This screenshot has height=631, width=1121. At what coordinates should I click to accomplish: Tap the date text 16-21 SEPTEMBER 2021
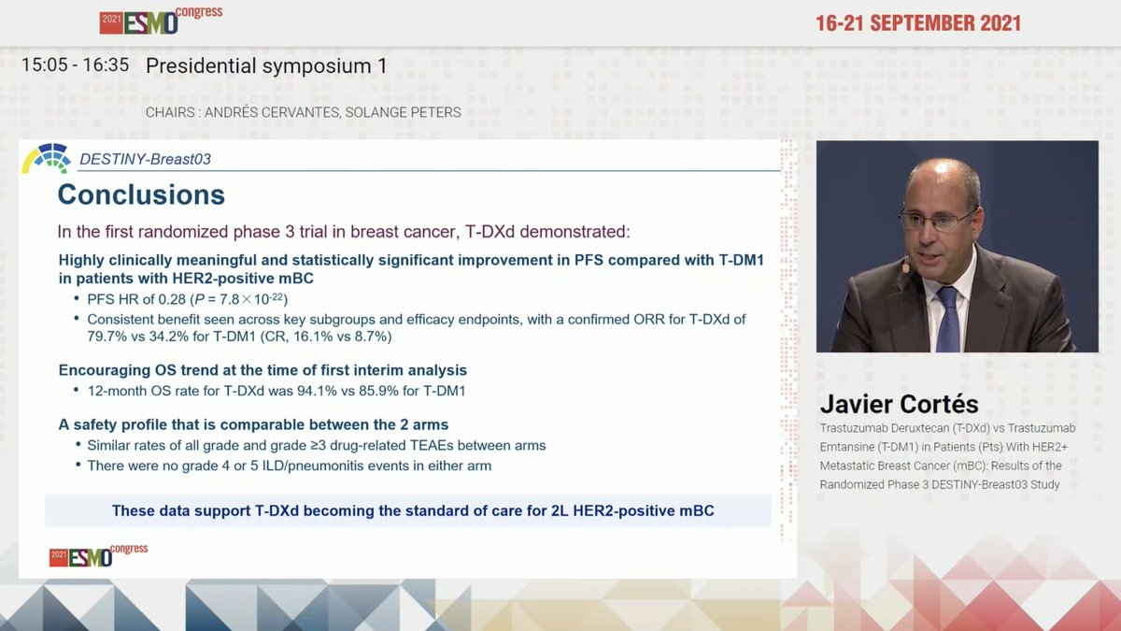click(918, 23)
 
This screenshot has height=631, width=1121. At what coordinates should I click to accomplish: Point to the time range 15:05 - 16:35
click(77, 66)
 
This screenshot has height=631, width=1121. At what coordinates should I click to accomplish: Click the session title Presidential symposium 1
click(266, 66)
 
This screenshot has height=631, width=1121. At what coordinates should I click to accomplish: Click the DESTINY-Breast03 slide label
click(145, 159)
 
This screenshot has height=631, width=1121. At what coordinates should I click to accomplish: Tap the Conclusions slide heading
click(141, 194)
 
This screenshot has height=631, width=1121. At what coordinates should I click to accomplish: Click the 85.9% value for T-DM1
click(339, 392)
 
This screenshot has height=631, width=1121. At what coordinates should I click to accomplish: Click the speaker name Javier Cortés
click(899, 404)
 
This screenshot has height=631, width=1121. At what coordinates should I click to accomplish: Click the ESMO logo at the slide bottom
click(98, 555)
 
